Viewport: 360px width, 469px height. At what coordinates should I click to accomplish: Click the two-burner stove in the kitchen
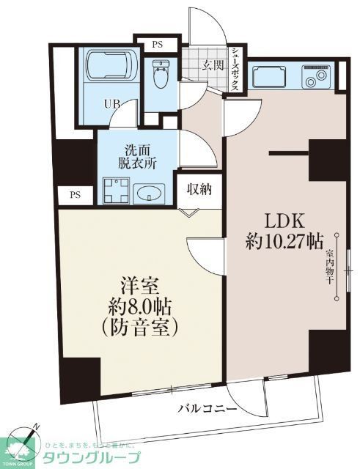coord(319,76)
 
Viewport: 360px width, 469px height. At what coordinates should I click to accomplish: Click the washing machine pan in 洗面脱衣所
coord(115,191)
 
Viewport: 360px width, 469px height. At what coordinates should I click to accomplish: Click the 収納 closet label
coord(199,190)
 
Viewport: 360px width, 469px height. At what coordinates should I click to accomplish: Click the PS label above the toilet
coord(157,45)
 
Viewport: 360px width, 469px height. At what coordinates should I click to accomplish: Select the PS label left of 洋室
coord(75,195)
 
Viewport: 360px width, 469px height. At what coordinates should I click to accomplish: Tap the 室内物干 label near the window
coord(329,265)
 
